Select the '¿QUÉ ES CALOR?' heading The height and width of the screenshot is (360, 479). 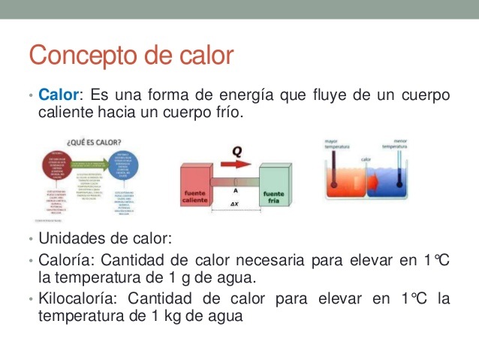[95, 141]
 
